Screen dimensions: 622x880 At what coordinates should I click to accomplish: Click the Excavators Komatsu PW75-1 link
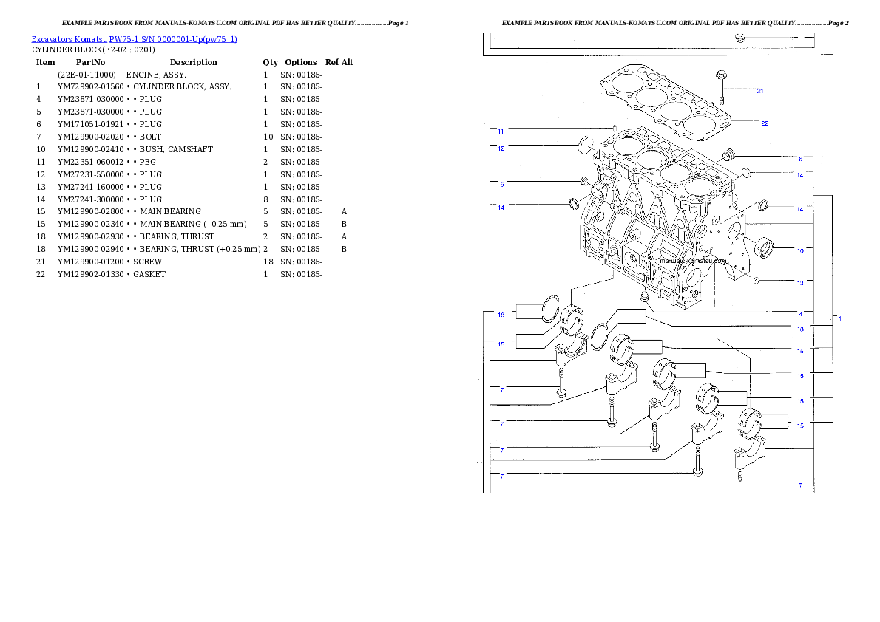coord(134,39)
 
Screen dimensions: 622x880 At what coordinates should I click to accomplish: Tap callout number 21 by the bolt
coord(759,91)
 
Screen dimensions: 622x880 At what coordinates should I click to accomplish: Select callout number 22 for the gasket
coord(765,123)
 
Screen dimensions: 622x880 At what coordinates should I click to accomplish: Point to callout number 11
coord(501,131)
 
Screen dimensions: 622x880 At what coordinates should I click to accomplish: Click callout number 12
coord(501,148)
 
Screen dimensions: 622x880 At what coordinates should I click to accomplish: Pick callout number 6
coord(800,159)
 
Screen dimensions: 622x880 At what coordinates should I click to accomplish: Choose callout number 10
coord(800,250)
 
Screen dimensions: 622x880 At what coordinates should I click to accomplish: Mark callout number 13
coord(800,281)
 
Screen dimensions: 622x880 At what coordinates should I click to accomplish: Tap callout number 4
coord(800,313)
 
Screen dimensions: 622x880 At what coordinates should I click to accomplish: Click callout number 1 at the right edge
coord(839,318)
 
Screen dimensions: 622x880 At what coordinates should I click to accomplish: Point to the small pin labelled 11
coord(615,128)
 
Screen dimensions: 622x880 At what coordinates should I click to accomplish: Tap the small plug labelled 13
coord(756,280)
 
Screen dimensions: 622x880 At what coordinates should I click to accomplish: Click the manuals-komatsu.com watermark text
coord(693,261)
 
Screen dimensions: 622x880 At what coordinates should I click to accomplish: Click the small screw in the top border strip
coord(742,37)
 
